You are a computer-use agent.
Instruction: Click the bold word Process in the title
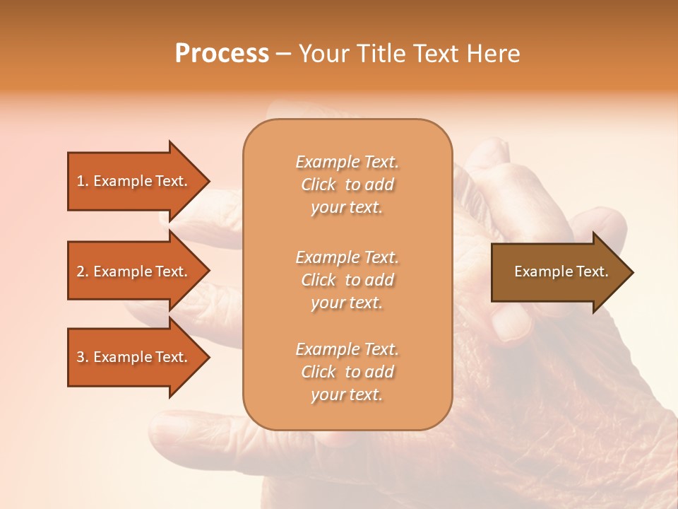pos(222,54)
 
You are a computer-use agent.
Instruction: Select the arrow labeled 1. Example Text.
pos(132,181)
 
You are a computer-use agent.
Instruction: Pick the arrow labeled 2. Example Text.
pos(132,271)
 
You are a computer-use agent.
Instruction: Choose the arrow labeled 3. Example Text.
pos(132,357)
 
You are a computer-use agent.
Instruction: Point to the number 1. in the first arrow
pos(82,181)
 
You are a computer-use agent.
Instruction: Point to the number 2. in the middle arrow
pos(82,271)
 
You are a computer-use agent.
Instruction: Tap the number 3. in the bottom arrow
pos(82,357)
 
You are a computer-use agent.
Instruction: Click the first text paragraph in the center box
pos(347,185)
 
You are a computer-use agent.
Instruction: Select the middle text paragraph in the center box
pos(347,279)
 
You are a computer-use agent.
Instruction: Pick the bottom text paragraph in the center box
pos(347,372)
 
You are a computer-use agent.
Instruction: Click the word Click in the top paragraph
pos(319,185)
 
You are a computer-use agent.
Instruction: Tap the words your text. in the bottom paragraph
pos(347,394)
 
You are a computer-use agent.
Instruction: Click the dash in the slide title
pos(283,54)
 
